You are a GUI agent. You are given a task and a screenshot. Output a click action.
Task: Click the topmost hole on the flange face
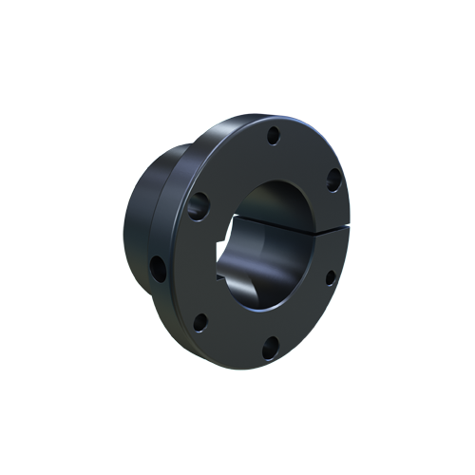point(273,136)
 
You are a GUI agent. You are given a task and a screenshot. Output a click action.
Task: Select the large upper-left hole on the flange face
point(199,204)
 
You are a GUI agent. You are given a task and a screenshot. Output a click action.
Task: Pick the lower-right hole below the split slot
point(330,276)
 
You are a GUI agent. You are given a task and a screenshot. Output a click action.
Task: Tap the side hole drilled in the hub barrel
point(158,268)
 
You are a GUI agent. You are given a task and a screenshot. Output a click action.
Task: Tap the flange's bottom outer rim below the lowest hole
point(261,366)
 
